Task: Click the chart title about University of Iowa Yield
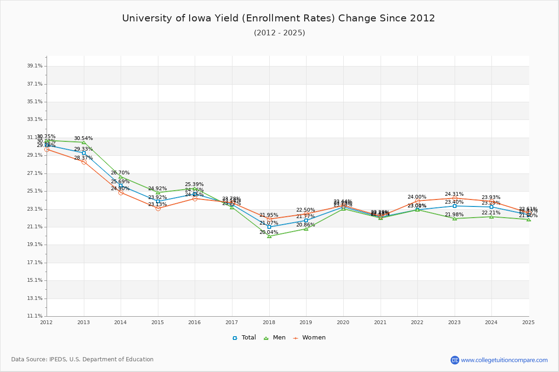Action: (279, 18)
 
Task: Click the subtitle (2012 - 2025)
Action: (279, 33)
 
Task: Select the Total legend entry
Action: (244, 338)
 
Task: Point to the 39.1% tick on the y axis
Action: (35, 66)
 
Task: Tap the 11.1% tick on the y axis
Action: (35, 316)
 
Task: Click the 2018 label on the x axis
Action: (269, 322)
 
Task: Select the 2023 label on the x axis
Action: (454, 322)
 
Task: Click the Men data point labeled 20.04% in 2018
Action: (269, 236)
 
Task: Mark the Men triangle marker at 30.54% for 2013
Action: (84, 142)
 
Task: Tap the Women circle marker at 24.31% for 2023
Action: (455, 198)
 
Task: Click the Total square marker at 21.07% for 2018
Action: (269, 227)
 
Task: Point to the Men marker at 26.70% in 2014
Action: (121, 177)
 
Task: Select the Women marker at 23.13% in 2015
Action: (158, 208)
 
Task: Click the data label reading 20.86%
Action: (306, 225)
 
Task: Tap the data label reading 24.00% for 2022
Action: (417, 197)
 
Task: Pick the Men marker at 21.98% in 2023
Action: (455, 219)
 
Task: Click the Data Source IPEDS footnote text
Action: (82, 359)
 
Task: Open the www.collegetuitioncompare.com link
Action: (504, 360)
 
